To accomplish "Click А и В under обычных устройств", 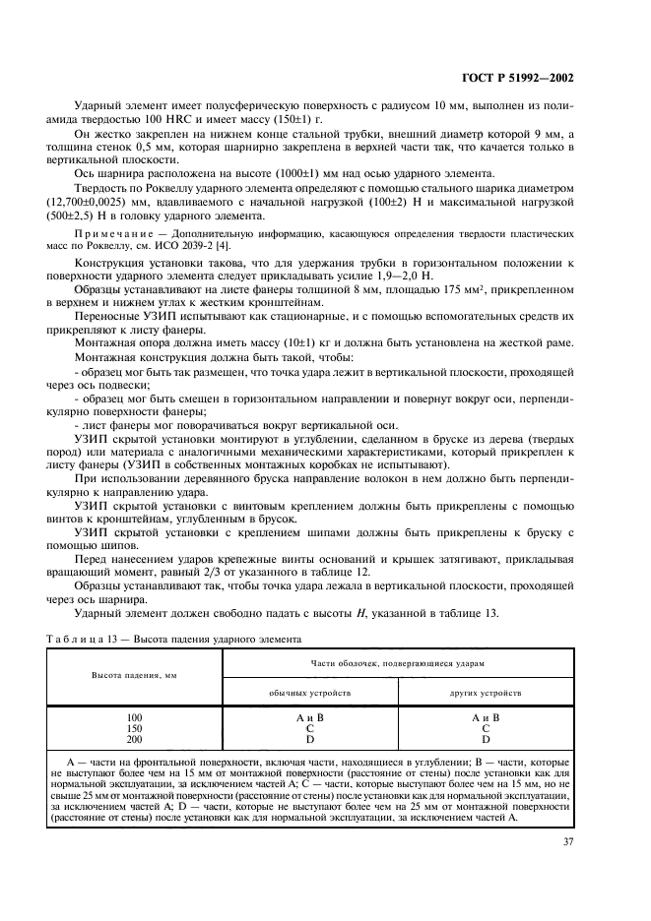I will (309, 717).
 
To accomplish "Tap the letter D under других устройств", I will (486, 738).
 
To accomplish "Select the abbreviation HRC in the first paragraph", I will (187, 117).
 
